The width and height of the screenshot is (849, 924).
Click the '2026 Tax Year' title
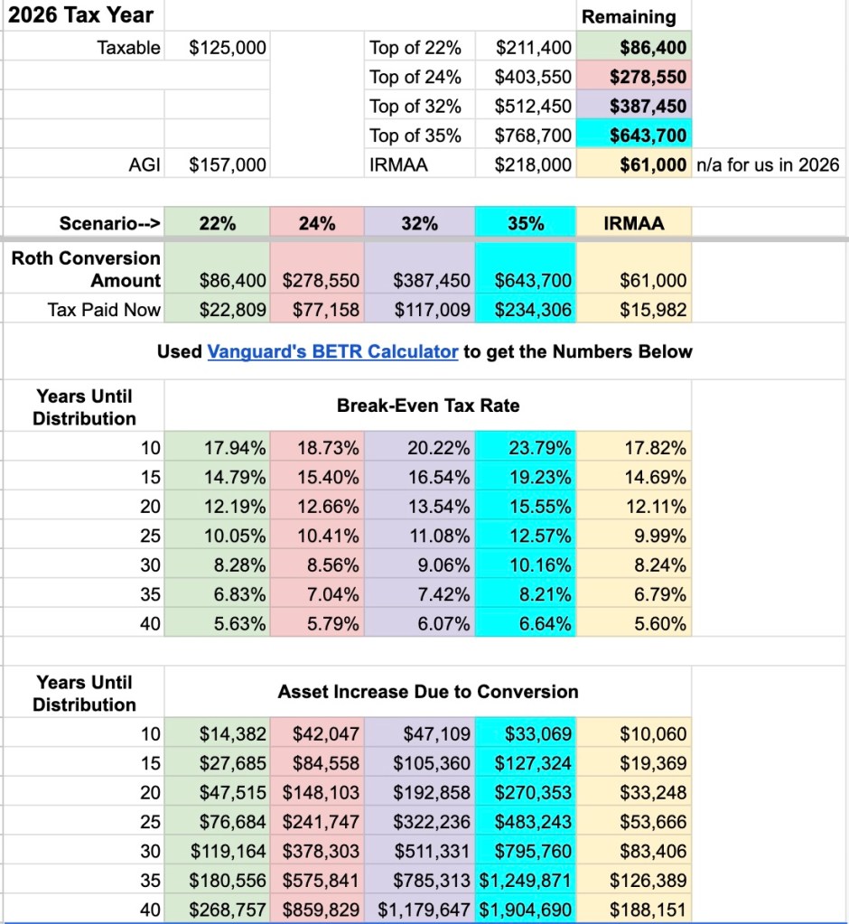[x=80, y=15]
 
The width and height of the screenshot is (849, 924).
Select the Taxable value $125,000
[x=228, y=48]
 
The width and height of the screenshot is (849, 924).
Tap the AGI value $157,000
[x=228, y=165]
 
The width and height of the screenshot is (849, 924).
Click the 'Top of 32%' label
[x=415, y=107]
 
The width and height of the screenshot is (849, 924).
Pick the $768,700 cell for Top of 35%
[x=533, y=136]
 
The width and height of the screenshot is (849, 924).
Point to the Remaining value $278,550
[x=648, y=77]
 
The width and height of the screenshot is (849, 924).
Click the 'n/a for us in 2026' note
[x=767, y=165]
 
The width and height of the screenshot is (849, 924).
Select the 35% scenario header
[x=526, y=223]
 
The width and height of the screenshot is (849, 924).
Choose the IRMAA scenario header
[x=633, y=223]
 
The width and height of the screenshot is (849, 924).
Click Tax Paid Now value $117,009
[x=432, y=310]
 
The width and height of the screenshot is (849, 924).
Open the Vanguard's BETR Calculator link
[x=332, y=351]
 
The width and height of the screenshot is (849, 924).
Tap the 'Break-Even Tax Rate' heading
[x=428, y=406]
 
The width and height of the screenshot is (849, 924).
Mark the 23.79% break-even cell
[x=538, y=447]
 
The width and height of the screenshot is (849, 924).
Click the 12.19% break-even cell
[x=235, y=507]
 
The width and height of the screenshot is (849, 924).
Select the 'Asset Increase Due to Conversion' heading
[x=428, y=692]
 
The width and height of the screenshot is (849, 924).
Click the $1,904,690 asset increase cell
[x=526, y=910]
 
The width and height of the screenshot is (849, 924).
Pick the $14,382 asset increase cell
[x=233, y=734]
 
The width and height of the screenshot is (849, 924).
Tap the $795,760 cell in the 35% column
[x=533, y=851]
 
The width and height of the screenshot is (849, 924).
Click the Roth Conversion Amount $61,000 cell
[x=653, y=281]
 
